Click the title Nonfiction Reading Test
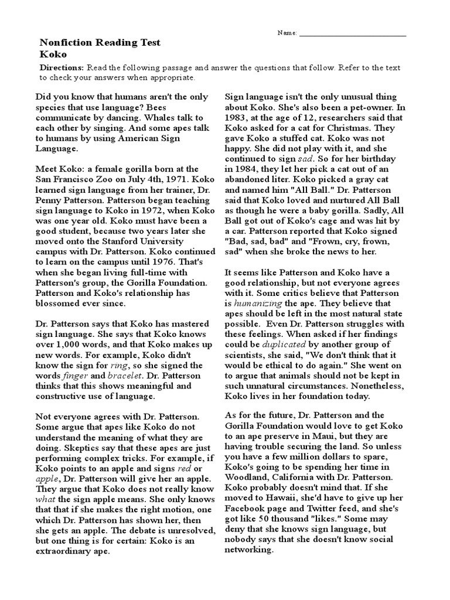click(100, 43)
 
